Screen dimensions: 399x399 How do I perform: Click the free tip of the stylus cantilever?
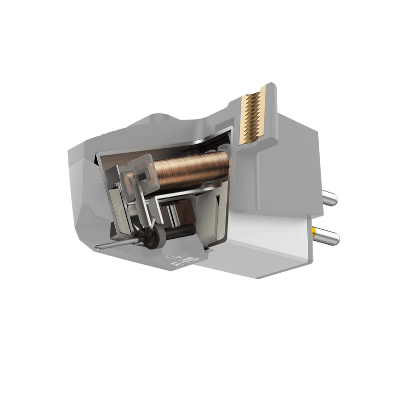[x=96, y=246]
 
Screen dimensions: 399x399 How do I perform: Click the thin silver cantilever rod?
[x=115, y=243]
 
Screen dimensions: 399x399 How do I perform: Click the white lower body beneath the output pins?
[x=269, y=239]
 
